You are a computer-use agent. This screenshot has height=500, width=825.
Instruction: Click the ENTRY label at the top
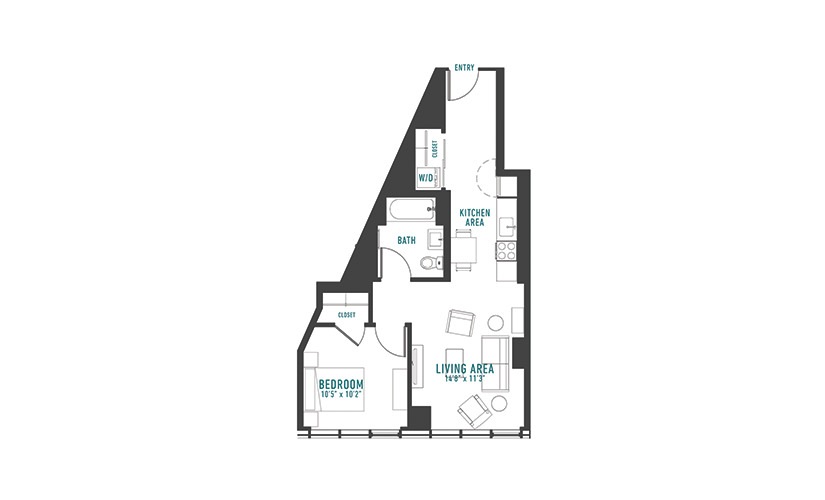pos(464,67)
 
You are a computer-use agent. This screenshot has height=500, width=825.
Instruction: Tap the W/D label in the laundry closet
pos(426,178)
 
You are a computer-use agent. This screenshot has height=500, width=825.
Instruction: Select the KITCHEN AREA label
pos(475,217)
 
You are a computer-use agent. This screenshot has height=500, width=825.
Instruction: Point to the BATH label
pos(406,241)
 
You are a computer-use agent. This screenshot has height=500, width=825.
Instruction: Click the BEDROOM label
pos(341,384)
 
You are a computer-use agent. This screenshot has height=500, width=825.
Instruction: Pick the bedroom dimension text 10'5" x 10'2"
pos(341,394)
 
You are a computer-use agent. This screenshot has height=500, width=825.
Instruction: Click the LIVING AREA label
pos(465,368)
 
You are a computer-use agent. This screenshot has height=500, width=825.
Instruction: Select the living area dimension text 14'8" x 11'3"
pos(464,378)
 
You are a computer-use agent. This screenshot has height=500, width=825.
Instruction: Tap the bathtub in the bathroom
pos(411,210)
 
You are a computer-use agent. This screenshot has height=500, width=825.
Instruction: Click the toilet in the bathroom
pos(430,262)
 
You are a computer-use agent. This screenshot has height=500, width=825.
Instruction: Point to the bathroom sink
pos(435,238)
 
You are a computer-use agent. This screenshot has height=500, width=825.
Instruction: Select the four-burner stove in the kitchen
pos(506,251)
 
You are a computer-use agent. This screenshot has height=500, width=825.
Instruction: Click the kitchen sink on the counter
pos(507,228)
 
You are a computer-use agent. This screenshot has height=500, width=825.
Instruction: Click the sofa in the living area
pos(497,364)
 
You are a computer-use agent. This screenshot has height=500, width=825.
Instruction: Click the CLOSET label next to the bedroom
pos(347,315)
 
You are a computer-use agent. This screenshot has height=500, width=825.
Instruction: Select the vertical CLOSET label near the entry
pos(435,149)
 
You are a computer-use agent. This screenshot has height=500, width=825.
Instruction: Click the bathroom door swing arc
pos(396,253)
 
